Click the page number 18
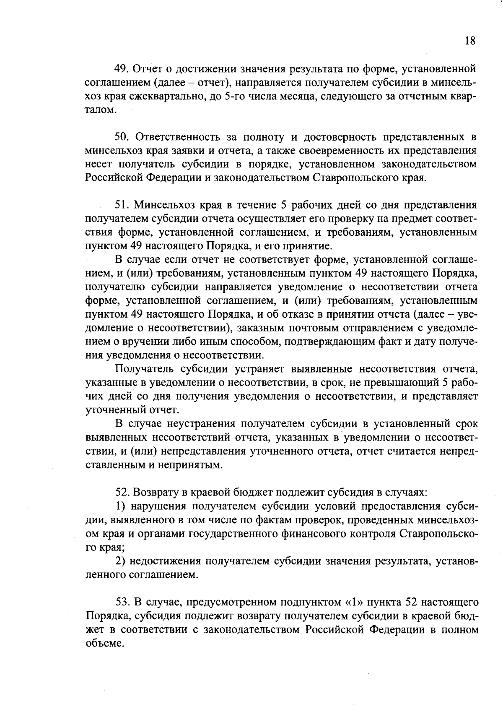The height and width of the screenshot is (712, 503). coord(470,41)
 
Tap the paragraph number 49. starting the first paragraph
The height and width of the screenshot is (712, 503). coord(124,69)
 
